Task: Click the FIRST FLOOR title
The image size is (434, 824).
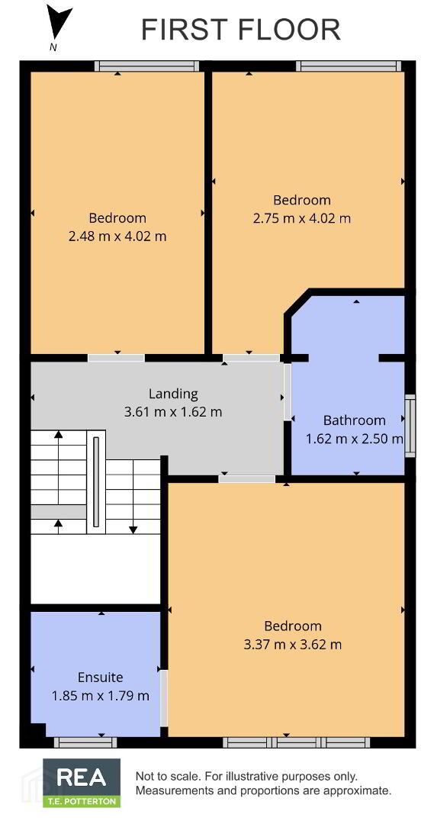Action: [240, 30]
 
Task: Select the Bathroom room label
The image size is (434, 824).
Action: [354, 420]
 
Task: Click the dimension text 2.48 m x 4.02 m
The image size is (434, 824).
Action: [117, 237]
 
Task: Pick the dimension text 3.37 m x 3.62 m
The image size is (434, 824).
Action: [293, 644]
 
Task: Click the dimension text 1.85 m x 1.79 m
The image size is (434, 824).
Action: [101, 696]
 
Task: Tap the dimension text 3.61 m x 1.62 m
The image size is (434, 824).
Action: [173, 412]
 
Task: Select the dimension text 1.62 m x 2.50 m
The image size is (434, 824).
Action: [354, 439]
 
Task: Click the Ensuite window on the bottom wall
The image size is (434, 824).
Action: [85, 742]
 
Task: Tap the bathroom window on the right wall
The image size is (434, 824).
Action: [410, 426]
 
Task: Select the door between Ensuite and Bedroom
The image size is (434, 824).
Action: [164, 698]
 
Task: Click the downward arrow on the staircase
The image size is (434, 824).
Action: [133, 497]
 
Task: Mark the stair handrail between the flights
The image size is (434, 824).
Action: [95, 481]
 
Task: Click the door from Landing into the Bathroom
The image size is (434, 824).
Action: [288, 391]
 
